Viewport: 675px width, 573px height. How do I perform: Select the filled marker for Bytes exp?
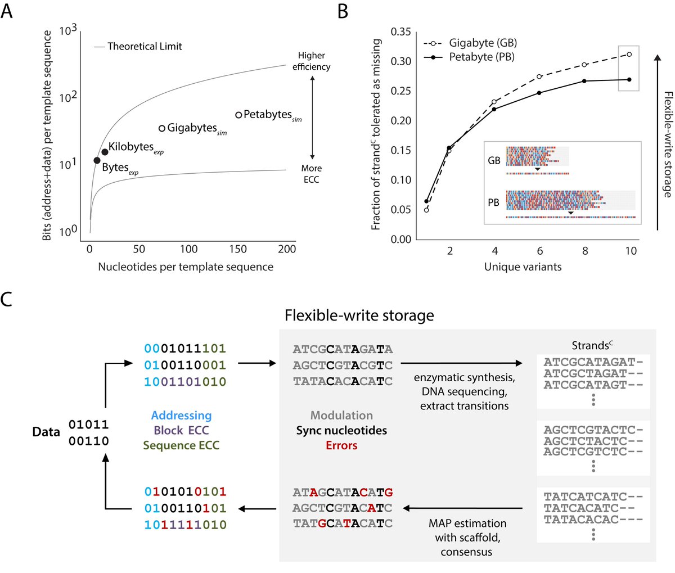click(97, 160)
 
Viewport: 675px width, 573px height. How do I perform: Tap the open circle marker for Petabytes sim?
click(238, 115)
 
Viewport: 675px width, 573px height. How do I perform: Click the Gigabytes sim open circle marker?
click(162, 128)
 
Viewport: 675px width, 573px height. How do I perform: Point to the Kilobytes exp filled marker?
click(105, 152)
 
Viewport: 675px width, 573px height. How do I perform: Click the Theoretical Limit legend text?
click(145, 47)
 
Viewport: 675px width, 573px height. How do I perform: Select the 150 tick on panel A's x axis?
click(238, 249)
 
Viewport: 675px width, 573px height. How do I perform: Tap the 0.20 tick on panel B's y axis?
click(401, 120)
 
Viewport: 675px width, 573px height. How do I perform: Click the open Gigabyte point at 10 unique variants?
click(629, 55)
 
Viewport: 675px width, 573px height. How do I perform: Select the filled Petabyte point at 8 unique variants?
click(584, 81)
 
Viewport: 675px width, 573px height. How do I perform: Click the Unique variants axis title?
click(523, 267)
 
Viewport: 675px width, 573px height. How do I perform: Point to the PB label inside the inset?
click(493, 202)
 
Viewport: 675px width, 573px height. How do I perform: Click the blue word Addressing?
click(181, 416)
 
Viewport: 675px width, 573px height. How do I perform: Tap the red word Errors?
click(341, 445)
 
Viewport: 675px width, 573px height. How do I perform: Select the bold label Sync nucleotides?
click(341, 430)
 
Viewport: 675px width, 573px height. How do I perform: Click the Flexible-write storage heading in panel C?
click(359, 315)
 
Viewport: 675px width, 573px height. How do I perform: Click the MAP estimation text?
click(467, 523)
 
